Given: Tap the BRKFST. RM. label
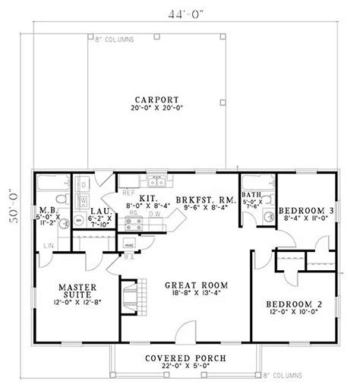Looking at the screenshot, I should coord(201,201).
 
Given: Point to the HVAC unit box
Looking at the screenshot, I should coord(129,246).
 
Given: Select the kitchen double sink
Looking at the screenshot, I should coord(157,181).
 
